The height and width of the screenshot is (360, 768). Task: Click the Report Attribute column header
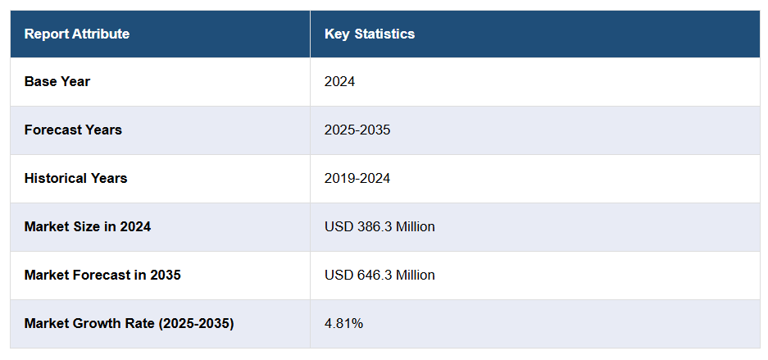pyautogui.click(x=77, y=34)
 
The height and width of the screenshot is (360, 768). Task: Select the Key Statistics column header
pyautogui.click(x=370, y=34)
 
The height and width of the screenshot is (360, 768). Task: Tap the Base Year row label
pyautogui.click(x=57, y=81)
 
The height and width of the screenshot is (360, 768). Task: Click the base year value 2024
pyautogui.click(x=339, y=81)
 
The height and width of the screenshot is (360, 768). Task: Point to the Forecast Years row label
pyautogui.click(x=73, y=130)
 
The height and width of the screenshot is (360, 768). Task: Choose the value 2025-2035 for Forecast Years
pyautogui.click(x=357, y=130)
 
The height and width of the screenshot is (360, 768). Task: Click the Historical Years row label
pyautogui.click(x=75, y=178)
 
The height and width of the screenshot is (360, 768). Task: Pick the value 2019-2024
pyautogui.click(x=357, y=178)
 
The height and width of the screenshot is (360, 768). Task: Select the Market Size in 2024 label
pyautogui.click(x=88, y=226)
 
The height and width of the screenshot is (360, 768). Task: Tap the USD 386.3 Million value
pyautogui.click(x=379, y=226)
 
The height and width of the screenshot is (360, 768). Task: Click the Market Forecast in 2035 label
pyautogui.click(x=102, y=275)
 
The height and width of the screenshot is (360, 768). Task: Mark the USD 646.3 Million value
pyautogui.click(x=379, y=275)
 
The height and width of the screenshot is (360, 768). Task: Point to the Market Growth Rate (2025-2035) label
pyautogui.click(x=129, y=323)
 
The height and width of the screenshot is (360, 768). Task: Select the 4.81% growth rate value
pyautogui.click(x=343, y=323)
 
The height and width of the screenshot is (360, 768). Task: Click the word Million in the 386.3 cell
pyautogui.click(x=415, y=226)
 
